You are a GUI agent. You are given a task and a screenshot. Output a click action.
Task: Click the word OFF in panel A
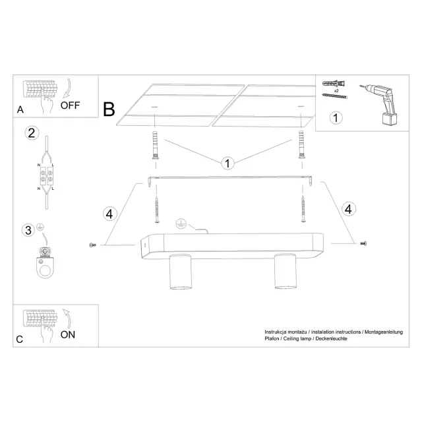[70, 105]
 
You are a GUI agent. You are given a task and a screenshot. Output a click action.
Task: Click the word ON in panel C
[68, 335]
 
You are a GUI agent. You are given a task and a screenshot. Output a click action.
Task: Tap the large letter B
[109, 109]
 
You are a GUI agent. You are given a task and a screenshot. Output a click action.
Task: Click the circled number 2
[32, 133]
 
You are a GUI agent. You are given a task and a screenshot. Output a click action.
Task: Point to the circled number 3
[28, 230]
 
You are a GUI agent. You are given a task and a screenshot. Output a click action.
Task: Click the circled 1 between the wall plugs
[227, 164]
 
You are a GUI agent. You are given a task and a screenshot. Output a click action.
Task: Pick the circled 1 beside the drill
[336, 118]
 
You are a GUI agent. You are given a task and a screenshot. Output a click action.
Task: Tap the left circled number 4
[109, 214]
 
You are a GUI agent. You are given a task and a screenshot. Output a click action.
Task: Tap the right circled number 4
[349, 209]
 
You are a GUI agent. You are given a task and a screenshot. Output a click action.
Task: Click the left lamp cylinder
[181, 272]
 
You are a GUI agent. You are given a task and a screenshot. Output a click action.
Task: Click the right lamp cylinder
[286, 271]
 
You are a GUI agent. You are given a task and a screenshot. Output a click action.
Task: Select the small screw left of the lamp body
[92, 245]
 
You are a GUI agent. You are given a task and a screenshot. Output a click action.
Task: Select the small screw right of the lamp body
[363, 243]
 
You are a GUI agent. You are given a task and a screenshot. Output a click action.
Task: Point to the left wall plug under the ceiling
[156, 145]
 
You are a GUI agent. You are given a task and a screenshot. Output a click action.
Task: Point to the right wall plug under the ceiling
[301, 145]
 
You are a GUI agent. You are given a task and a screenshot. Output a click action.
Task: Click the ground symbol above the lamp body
[181, 224]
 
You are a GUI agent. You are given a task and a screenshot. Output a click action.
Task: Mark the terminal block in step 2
[47, 176]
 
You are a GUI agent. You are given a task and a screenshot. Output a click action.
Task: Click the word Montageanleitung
[384, 332]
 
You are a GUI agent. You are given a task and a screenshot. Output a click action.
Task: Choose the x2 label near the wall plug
[336, 91]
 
